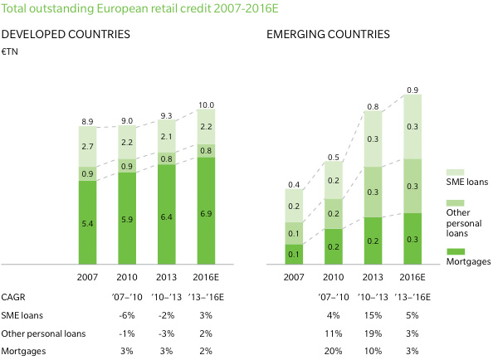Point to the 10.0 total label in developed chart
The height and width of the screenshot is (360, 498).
click(x=206, y=105)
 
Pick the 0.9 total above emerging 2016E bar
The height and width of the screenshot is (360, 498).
click(x=412, y=90)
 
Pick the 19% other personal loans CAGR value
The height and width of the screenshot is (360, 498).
click(x=373, y=333)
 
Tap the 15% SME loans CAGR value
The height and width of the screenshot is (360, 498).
click(x=373, y=315)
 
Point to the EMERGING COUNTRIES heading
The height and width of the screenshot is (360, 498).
click(x=328, y=35)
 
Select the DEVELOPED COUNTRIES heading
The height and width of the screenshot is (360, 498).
click(x=66, y=35)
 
